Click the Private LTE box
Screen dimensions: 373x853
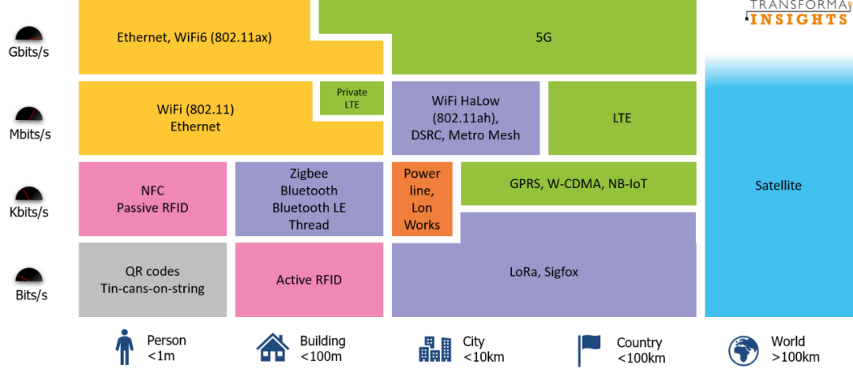tap(351, 99)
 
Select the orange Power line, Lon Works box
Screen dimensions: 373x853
tap(422, 199)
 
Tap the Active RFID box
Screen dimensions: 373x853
tap(309, 280)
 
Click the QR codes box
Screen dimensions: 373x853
tap(152, 280)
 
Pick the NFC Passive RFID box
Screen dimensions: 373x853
tap(152, 199)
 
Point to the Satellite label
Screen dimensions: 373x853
tap(778, 186)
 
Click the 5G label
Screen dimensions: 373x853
tap(543, 37)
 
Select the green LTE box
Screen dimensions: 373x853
tap(622, 118)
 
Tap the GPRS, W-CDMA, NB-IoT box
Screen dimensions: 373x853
tap(578, 184)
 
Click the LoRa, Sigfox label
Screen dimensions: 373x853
tap(543, 272)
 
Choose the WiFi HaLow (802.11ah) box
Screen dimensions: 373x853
tap(466, 118)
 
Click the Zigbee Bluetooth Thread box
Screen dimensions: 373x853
tap(309, 199)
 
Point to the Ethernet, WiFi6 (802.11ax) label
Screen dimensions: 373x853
tap(194, 37)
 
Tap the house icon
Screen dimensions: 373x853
tap(272, 347)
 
